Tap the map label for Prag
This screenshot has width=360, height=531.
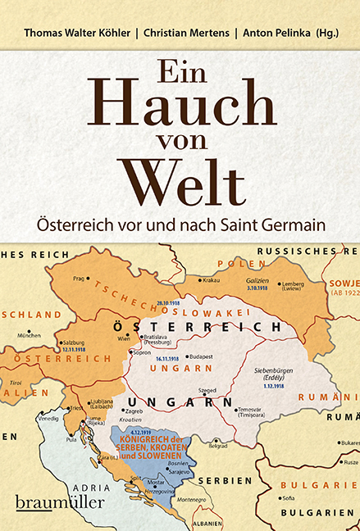pos(78,279)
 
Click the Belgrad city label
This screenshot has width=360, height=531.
pos(217,447)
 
